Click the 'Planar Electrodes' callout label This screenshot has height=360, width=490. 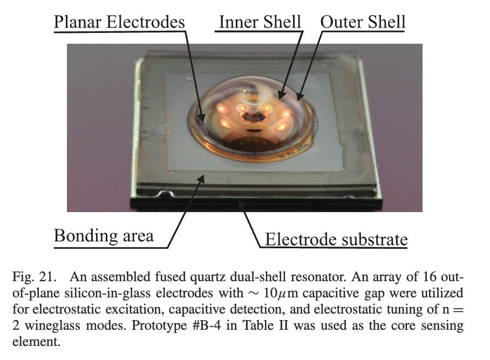[x=119, y=23]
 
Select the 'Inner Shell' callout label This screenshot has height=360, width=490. [x=260, y=22]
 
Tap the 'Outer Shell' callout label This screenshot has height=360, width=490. [x=363, y=22]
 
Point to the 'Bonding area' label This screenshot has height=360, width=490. [x=103, y=235]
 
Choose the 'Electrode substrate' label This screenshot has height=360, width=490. [x=335, y=239]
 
